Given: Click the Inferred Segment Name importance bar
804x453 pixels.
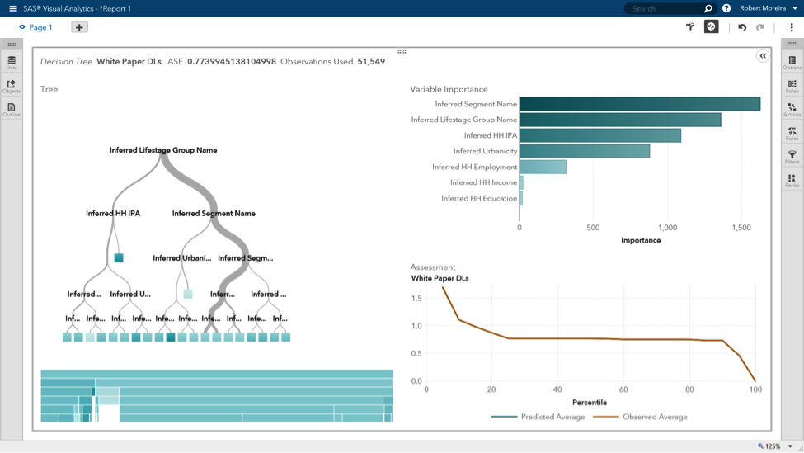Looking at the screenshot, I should coord(639,104).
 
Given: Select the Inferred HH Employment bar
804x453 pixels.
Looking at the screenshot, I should coord(543,167).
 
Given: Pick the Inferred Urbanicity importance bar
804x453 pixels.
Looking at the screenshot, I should coord(584,151).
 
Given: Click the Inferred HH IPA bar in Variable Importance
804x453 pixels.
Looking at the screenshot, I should coord(599,135).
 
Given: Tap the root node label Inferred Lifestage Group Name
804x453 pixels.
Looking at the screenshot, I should coord(163,150).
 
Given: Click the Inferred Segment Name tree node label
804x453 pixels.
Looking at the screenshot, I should coord(214,213).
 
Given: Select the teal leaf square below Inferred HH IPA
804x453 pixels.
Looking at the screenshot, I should coord(119,258).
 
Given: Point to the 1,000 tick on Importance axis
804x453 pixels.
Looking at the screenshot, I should coord(667,228).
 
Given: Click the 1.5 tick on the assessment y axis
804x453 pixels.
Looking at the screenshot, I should coord(416,299).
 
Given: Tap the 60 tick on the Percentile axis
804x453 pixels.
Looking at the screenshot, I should coord(623,389).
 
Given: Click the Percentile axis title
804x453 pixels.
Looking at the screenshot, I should coord(590,403).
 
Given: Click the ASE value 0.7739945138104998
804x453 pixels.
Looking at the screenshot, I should coord(231,62).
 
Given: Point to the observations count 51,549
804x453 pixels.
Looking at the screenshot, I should coord(371,62).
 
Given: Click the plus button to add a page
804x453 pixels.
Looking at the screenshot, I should coord(79,27).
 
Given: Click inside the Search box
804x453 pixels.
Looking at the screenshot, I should coord(664,8).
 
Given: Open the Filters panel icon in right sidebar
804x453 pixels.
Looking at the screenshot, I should coord(792,157).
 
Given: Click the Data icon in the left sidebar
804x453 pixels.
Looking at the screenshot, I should coord(12,63).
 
